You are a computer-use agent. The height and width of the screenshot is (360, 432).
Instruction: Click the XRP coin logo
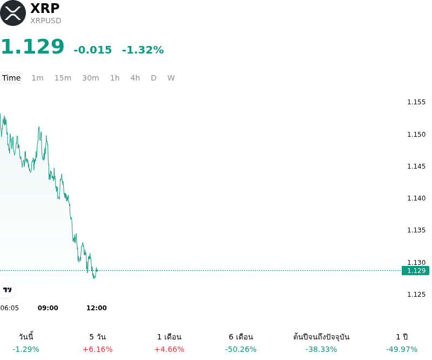pos(13,13)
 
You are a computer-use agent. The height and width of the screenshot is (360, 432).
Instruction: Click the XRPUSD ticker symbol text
pos(46,21)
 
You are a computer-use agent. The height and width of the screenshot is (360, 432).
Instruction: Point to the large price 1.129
pos(32,46)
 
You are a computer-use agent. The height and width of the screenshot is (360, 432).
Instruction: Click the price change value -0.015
pos(92,50)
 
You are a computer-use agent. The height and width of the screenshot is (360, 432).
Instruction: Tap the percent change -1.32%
pos(143,50)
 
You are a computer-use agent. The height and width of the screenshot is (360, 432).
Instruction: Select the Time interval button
pos(11,78)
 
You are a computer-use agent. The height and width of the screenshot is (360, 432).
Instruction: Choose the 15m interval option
pos(63,78)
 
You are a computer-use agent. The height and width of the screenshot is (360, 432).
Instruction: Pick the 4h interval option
pos(135,78)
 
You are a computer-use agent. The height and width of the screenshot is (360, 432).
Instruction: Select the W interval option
pos(171,78)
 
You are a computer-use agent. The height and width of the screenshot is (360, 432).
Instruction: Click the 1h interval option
pos(114,78)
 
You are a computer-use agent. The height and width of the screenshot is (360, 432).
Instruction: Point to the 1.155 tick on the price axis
pos(416,102)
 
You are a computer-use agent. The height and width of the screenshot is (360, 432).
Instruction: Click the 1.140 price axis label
pos(416,198)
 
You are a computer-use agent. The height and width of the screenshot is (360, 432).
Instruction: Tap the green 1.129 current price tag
pos(415,271)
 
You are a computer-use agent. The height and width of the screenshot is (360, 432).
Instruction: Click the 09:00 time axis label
pos(48,308)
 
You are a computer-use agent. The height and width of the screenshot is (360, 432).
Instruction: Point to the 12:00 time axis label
pos(97,308)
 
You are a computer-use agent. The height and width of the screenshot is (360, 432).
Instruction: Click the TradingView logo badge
pos(7,290)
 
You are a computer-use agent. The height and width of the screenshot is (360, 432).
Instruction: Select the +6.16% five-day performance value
pos(98,349)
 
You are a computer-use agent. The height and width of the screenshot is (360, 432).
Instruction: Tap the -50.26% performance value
pos(241,349)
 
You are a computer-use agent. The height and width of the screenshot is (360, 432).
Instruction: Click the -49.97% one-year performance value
pos(402,349)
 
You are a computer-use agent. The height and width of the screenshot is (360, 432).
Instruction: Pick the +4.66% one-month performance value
pos(169,349)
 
